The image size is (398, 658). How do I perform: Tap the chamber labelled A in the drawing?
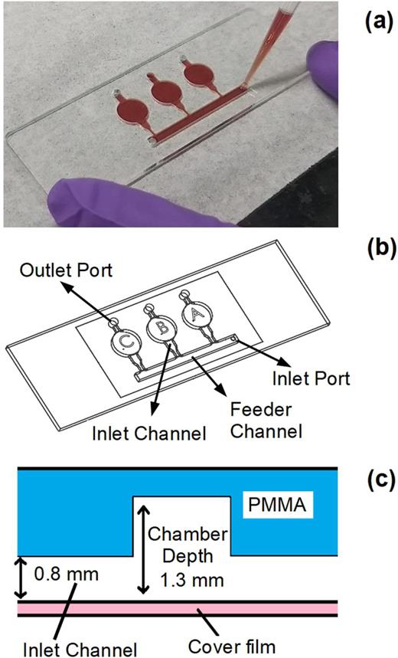click(191, 313)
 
